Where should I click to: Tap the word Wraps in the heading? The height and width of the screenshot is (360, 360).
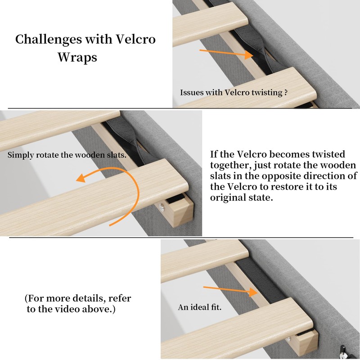[77, 58]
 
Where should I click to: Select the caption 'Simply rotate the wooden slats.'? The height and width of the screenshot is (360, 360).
[67, 155]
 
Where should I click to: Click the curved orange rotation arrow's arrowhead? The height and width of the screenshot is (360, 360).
[81, 178]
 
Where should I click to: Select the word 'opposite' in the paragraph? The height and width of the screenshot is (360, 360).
[306, 175]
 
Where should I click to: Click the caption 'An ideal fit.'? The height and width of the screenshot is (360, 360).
[199, 308]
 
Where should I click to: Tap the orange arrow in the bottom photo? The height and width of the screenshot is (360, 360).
[229, 290]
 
